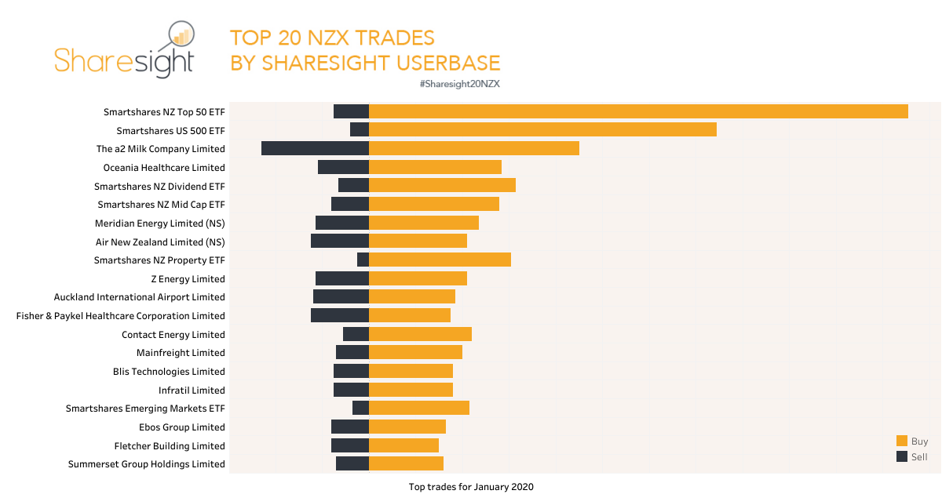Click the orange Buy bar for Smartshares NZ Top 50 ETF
tap(638, 111)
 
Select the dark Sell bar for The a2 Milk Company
tap(315, 148)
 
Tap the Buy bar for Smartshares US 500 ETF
tap(542, 129)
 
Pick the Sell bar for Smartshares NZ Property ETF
tap(363, 260)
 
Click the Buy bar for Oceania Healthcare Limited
tap(435, 167)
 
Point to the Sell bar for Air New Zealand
tap(340, 241)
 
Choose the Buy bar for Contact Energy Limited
tap(420, 334)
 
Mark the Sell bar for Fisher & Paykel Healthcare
tap(340, 315)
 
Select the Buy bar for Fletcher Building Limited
tap(403, 445)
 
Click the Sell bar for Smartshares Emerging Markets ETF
tap(360, 408)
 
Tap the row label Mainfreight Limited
tap(181, 353)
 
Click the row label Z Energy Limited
tap(188, 279)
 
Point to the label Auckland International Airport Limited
tap(139, 297)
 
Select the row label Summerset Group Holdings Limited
tap(146, 464)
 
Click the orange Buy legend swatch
tap(901, 441)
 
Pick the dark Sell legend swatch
tap(901, 456)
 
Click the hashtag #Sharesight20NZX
tap(460, 84)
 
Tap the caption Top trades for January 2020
tap(471, 487)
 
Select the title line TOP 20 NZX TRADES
tap(332, 38)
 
